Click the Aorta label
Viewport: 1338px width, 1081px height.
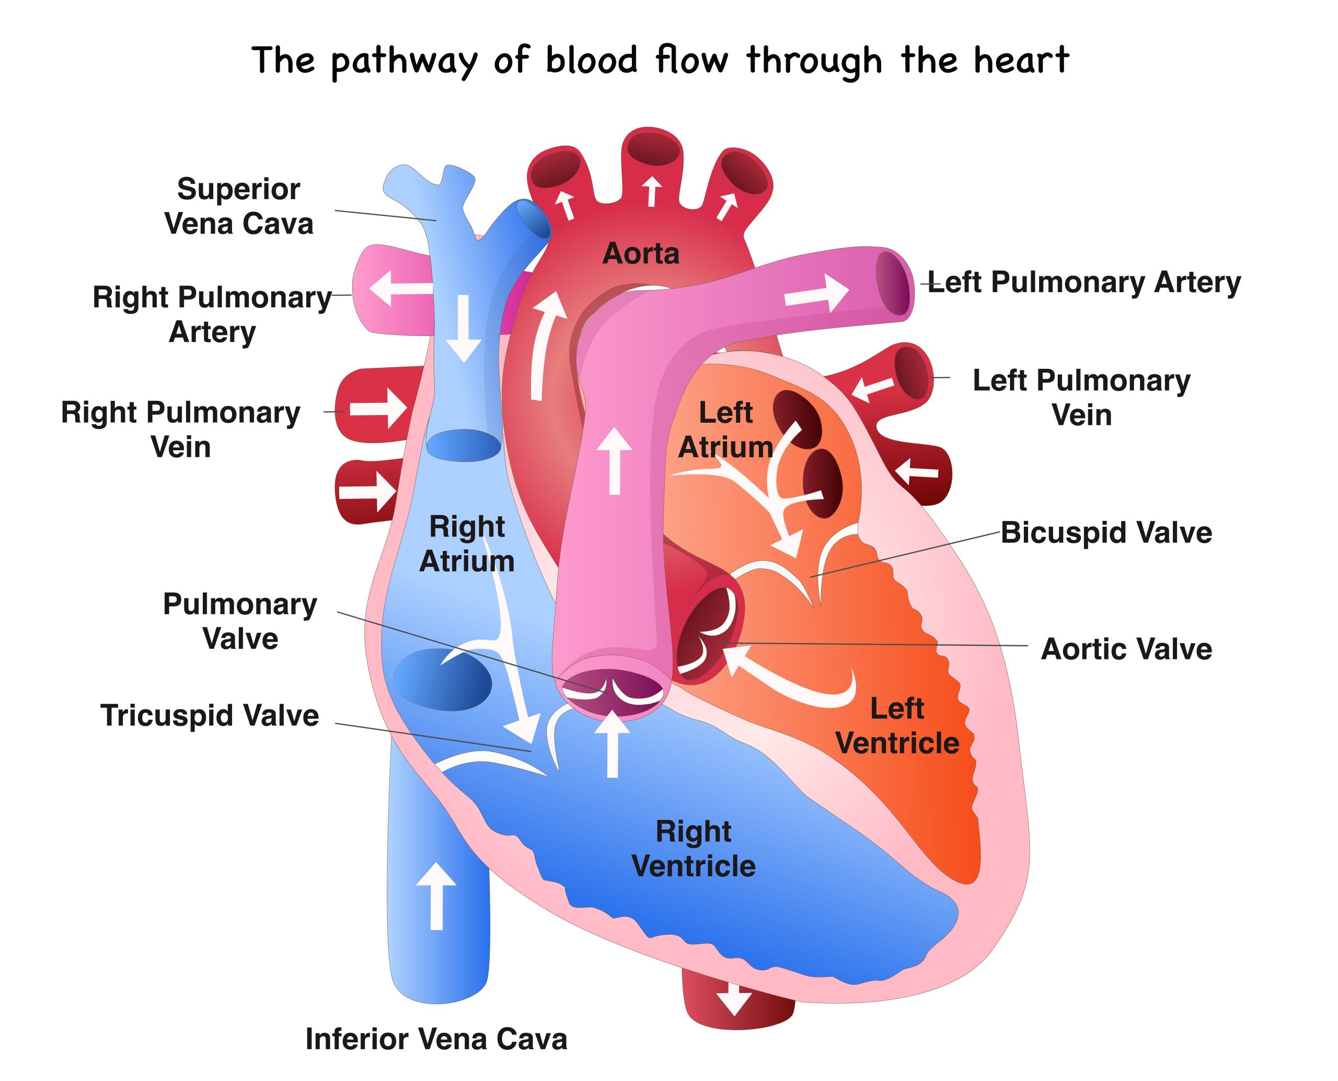[641, 253]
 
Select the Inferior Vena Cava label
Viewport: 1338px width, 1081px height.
[436, 1039]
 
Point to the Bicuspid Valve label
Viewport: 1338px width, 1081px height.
[1106, 532]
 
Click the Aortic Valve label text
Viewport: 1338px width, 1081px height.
[1126, 649]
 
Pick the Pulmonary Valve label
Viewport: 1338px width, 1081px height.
[240, 621]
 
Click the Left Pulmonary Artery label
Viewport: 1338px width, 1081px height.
[1084, 282]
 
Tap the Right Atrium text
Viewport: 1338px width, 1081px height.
[467, 543]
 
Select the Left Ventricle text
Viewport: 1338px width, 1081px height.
[897, 725]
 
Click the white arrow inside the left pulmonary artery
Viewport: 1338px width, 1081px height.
[816, 293]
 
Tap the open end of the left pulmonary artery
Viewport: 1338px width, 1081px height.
[894, 283]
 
